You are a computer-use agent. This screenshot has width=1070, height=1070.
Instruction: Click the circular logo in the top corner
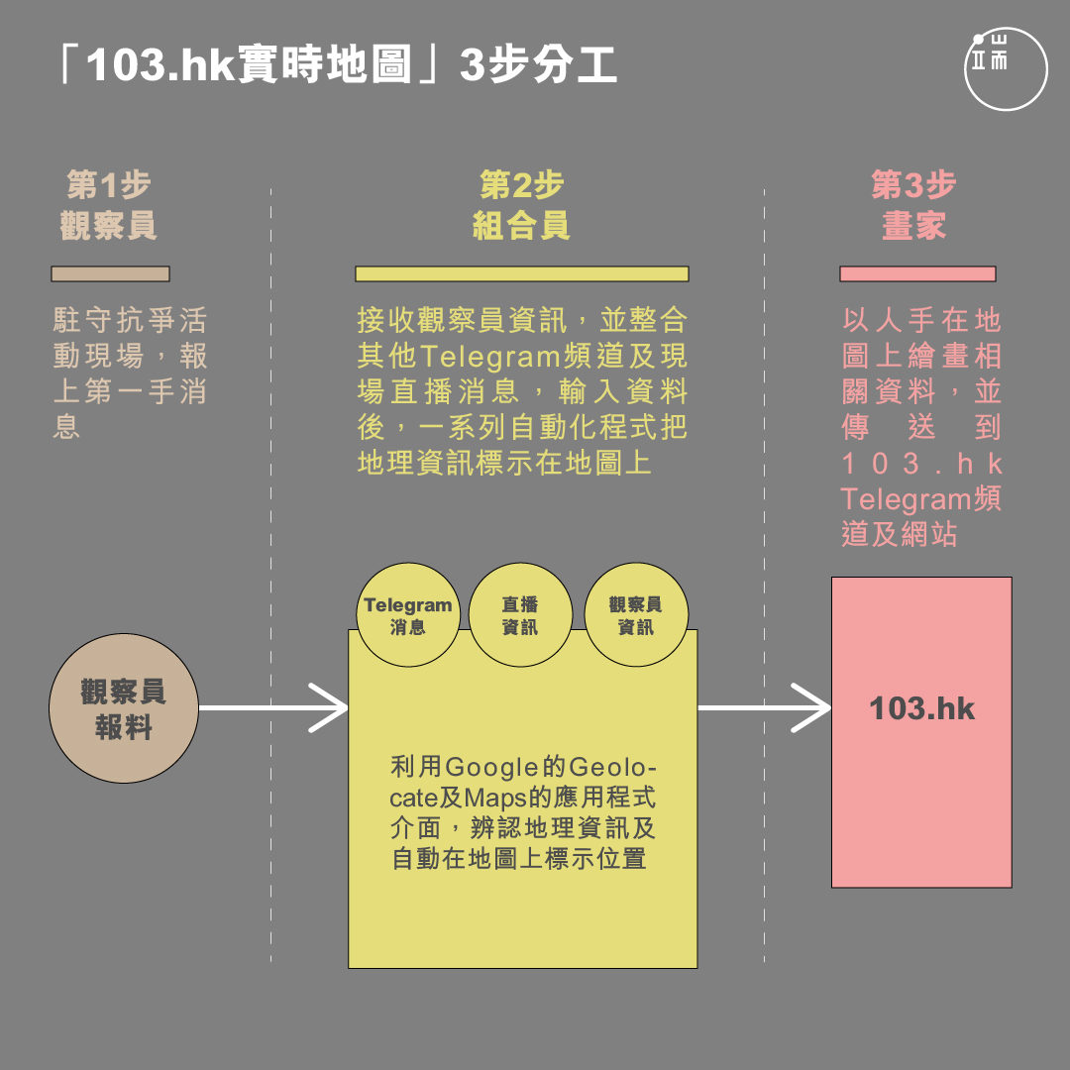1006,69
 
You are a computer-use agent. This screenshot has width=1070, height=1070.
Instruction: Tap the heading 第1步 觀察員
109,205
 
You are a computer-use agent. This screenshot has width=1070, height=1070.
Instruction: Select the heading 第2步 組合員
521,205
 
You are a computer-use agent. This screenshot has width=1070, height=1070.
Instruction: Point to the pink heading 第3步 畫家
913,205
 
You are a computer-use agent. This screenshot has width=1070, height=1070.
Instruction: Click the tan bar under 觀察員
111,273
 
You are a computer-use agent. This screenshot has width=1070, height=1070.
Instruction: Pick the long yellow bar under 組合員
522,273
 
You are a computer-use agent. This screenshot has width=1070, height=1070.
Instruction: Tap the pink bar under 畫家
917,273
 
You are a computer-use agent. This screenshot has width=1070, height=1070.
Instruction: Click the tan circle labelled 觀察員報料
124,708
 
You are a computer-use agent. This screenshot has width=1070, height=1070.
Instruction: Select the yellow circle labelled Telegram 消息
408,615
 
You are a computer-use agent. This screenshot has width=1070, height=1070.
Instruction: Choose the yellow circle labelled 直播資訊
520,615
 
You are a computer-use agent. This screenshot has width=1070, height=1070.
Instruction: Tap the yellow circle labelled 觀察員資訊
636,615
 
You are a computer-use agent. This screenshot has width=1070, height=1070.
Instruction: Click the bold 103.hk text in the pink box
922,708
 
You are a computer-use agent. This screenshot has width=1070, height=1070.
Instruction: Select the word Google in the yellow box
487,768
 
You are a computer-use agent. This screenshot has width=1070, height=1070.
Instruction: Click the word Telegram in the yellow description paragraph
490,357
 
